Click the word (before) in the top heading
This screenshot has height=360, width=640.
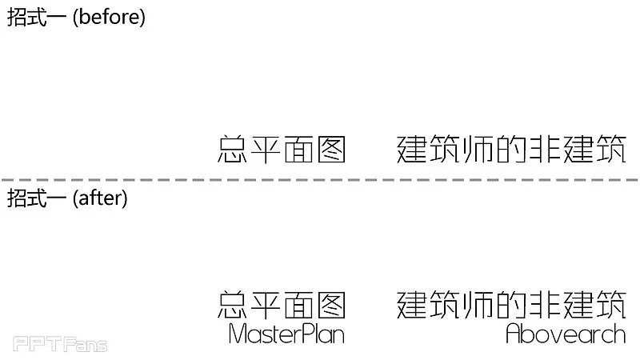pyautogui.click(x=109, y=18)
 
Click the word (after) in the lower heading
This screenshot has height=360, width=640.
pyautogui.click(x=100, y=198)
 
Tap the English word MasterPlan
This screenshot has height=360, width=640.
pyautogui.click(x=286, y=334)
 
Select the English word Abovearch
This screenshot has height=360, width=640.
pyautogui.click(x=566, y=334)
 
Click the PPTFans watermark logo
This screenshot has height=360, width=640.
pyautogui.click(x=60, y=345)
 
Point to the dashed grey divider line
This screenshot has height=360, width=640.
pyautogui.click(x=320, y=180)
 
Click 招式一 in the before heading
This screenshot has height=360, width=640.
pyautogui.click(x=37, y=18)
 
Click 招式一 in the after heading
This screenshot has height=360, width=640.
pyautogui.click(x=37, y=198)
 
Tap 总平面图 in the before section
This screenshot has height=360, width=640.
pyautogui.click(x=282, y=150)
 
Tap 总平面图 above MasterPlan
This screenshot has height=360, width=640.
pyautogui.click(x=282, y=305)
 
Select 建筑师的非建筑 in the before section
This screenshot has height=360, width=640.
pyautogui.click(x=511, y=150)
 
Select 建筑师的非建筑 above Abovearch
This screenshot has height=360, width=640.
pyautogui.click(x=511, y=305)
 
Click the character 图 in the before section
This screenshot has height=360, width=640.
pyautogui.click(x=330, y=150)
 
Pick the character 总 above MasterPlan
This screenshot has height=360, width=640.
pyautogui.click(x=233, y=305)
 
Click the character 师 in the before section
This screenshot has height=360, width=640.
pyautogui.click(x=478, y=150)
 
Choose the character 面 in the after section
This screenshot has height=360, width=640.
pyautogui.click(x=298, y=305)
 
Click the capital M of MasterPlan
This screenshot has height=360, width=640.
pyautogui.click(x=238, y=334)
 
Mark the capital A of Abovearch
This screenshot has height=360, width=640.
pyautogui.click(x=514, y=334)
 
